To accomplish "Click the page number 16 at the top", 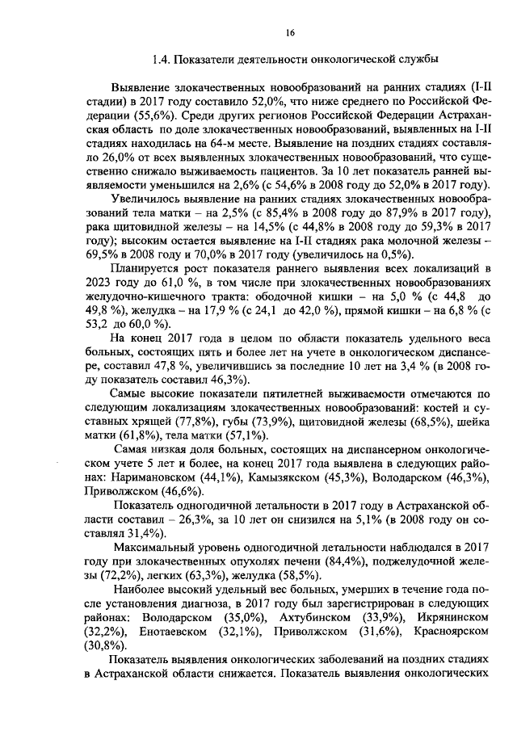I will click(x=292, y=32).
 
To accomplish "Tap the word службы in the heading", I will click(x=420, y=60).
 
